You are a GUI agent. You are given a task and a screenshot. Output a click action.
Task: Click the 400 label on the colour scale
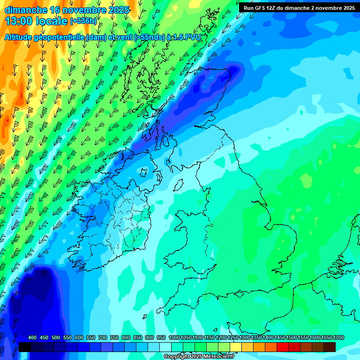tap(32, 338)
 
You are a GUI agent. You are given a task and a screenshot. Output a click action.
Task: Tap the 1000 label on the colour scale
tap(174, 338)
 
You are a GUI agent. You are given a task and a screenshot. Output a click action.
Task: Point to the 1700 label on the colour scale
tap(338, 338)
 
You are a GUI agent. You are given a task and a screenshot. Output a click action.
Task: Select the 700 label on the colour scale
tap(103, 338)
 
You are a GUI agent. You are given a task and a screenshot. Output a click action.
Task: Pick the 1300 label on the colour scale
tap(245, 338)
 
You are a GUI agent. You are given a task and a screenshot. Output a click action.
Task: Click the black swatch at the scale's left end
tap(25, 347)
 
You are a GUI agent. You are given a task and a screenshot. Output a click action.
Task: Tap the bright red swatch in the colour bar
tap(282, 347)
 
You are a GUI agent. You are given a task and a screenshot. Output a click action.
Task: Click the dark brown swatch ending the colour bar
tap(330, 347)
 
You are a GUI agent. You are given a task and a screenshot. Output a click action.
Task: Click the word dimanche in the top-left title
tap(26, 10)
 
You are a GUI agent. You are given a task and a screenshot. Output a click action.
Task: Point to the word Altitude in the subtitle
tap(21, 37)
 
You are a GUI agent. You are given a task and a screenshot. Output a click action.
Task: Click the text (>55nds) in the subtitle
tap(149, 37)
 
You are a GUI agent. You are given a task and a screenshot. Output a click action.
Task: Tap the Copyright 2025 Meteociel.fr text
tap(199, 357)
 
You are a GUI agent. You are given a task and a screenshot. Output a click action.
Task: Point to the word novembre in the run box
tap(328, 7)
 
